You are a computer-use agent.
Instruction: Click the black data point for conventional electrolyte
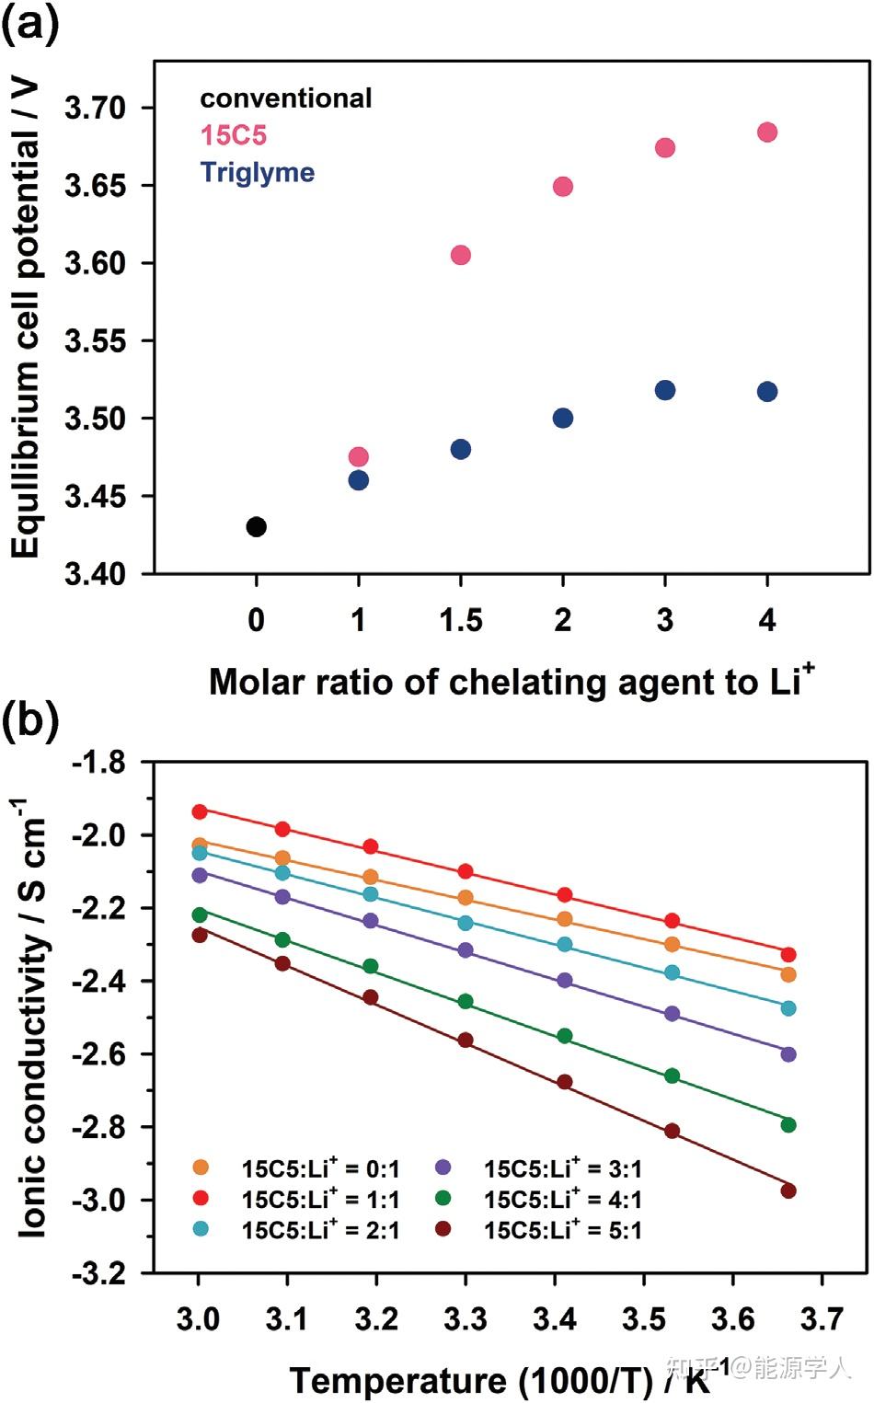tap(257, 527)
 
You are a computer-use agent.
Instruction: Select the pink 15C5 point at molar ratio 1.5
tap(461, 255)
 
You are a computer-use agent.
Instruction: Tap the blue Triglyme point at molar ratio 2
tap(563, 419)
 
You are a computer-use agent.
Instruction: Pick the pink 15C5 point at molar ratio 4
tap(767, 132)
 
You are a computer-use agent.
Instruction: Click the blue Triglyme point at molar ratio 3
tap(665, 390)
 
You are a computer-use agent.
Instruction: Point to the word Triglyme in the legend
tap(258, 172)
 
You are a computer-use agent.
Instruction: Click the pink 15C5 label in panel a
tap(234, 135)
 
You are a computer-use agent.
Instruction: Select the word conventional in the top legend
tap(286, 98)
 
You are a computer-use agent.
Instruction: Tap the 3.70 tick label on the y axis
tap(95, 108)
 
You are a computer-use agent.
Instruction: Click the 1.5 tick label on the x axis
tap(461, 621)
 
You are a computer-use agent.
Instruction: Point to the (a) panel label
tap(31, 24)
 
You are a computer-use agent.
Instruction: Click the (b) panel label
tap(31, 720)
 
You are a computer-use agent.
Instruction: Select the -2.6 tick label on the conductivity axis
tap(98, 1054)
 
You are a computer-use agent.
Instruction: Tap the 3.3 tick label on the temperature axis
tap(466, 1319)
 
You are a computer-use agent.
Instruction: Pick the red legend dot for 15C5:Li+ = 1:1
tap(201, 1198)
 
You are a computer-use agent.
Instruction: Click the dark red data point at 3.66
tap(788, 1190)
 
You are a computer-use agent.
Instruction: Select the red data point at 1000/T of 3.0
tap(200, 811)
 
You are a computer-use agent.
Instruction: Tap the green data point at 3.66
tap(788, 1124)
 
